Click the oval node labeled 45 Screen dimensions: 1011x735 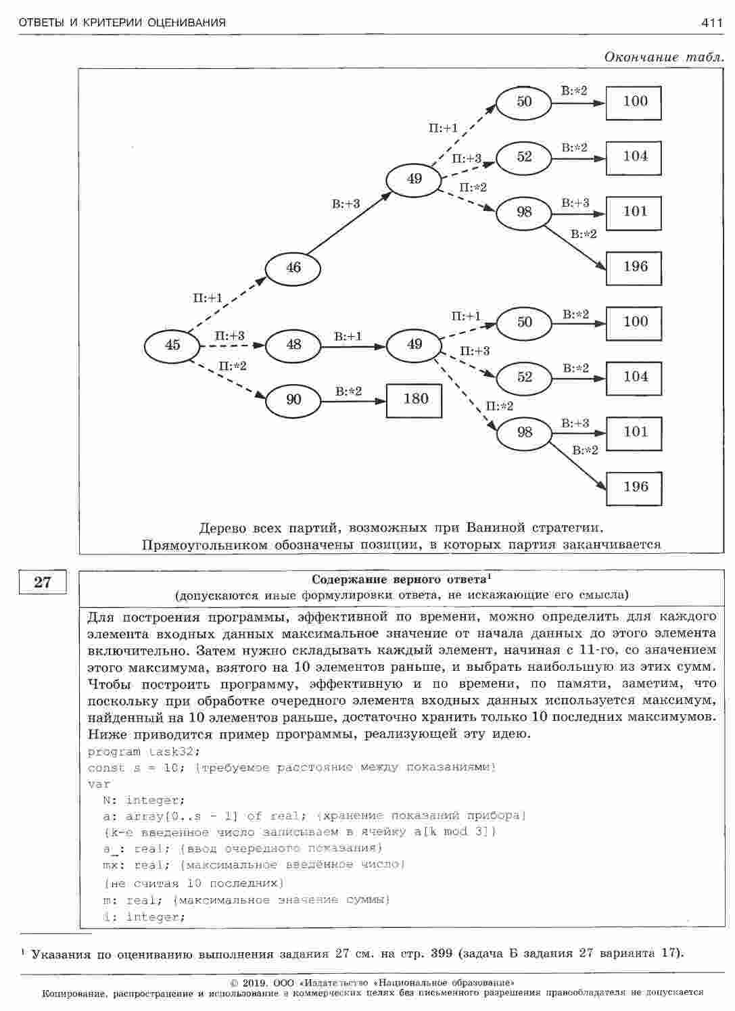click(172, 346)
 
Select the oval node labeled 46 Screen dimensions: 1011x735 click(293, 268)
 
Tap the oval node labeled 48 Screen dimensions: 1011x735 click(293, 345)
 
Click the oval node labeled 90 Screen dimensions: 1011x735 click(293, 400)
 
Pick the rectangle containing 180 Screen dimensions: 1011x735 click(414, 400)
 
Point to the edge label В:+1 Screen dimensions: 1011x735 click(348, 336)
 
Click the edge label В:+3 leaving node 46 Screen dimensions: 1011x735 click(346, 204)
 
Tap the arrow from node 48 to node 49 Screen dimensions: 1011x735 click(353, 346)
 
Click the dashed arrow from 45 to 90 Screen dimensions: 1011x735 click(230, 380)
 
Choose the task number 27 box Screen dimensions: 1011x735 click(43, 582)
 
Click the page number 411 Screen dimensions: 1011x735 click(712, 23)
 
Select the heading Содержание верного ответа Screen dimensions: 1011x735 click(399, 580)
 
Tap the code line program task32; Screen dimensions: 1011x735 click(144, 751)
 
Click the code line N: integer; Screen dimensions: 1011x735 click(139, 801)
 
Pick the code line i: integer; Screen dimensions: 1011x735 click(143, 917)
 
